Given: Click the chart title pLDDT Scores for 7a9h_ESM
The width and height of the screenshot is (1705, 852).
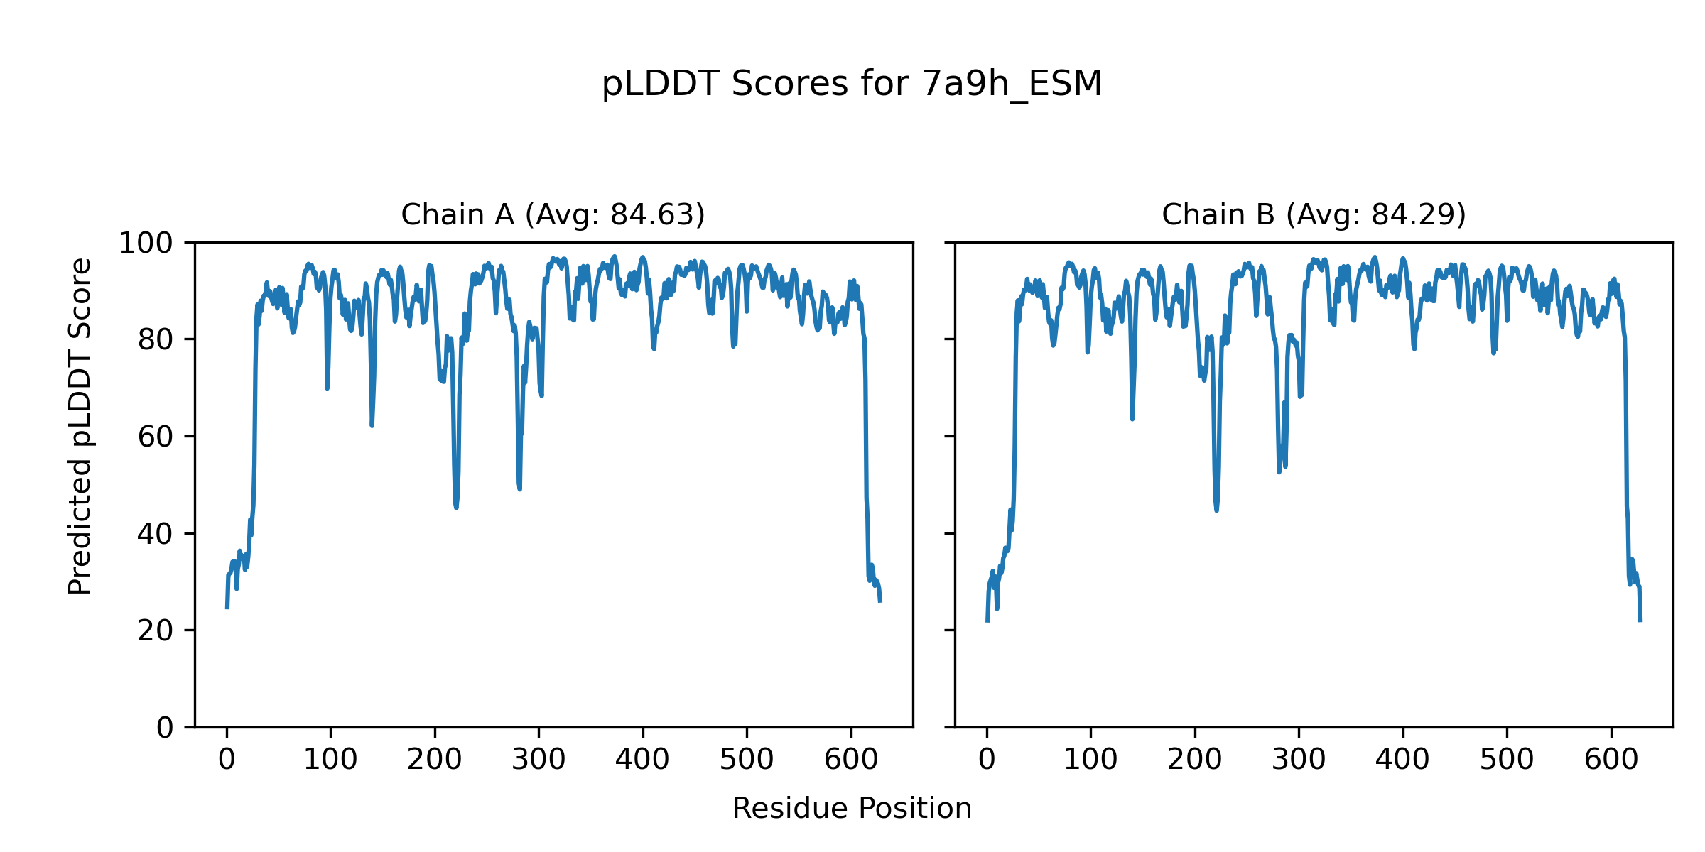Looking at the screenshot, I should coord(852,84).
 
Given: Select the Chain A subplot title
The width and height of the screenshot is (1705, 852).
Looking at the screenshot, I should coord(553,214).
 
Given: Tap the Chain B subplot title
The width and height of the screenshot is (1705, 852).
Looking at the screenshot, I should coord(1314,214).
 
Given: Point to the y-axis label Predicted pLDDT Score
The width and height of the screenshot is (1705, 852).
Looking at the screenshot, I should coord(80,426).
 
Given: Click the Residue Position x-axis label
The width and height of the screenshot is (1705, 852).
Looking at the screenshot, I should coord(852,809).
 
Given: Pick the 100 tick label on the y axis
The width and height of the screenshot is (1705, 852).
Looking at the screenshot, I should coord(146,244).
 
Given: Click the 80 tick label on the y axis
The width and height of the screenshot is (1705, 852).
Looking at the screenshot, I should coord(156,340).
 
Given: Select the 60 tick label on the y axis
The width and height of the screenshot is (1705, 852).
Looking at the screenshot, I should coord(156,437).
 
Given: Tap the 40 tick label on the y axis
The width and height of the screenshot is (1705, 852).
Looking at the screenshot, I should coord(156,534).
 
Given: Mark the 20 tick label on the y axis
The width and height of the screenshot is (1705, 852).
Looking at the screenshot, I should coord(156,630).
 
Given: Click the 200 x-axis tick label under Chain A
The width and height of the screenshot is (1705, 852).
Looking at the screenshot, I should coord(435,760).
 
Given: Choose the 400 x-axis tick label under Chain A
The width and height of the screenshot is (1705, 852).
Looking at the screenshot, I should coord(643,760).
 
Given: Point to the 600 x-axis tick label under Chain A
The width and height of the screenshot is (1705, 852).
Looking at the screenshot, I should coord(851,760).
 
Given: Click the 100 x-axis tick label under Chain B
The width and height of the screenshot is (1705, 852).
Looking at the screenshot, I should coord(1090,760).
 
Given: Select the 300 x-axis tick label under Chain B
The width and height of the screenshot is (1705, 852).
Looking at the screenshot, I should coord(1299,760).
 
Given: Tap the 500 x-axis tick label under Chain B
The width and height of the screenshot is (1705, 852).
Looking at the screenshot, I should coord(1507,760).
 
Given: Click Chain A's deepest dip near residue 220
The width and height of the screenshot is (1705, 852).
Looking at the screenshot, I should coord(456,507).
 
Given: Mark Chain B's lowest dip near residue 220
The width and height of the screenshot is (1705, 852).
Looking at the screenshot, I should coord(1216,509).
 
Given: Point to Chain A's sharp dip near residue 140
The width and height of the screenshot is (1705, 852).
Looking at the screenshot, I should coord(372,425).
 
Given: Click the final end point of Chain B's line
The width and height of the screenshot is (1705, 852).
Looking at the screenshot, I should coord(1640,621).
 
